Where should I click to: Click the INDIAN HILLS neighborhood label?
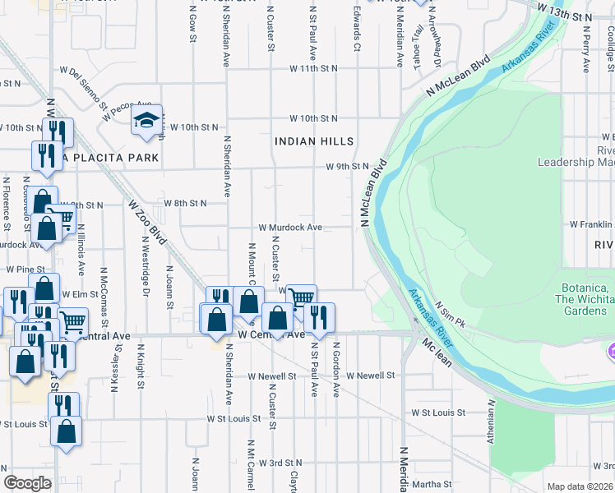coord(314,141)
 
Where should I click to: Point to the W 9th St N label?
coord(344,167)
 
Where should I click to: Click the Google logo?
coord(27,483)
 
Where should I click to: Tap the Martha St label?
coord(427,483)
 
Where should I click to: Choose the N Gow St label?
coord(192,25)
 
